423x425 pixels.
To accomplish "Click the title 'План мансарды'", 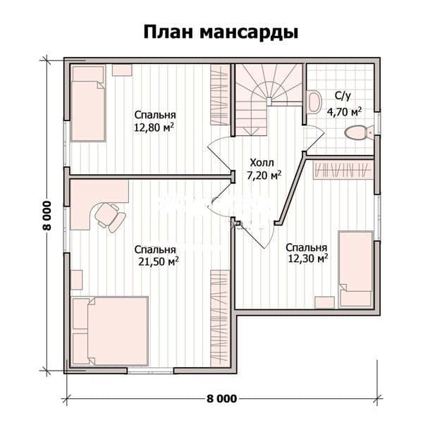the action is click(221, 32).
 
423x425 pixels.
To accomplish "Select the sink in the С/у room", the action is click(314, 101).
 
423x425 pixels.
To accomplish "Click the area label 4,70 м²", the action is click(344, 111).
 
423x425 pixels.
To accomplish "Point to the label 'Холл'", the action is click(262, 163).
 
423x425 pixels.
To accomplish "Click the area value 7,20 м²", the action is click(264, 175).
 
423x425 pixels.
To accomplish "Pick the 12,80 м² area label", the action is click(154, 128).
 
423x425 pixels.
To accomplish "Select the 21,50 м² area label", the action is click(159, 261).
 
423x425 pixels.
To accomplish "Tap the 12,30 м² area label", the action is click(308, 258).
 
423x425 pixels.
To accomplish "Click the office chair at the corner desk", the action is click(110, 218).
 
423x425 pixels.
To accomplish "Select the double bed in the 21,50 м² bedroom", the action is click(110, 331).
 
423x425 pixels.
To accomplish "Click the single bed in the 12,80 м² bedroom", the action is click(88, 104).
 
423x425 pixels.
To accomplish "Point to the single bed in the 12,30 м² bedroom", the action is click(355, 269).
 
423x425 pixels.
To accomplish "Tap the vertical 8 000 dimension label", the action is click(47, 216).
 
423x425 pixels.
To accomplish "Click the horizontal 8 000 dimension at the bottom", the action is click(221, 399).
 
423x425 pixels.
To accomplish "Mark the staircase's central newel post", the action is click(269, 101).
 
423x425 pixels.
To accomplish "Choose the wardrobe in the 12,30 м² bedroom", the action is click(343, 170).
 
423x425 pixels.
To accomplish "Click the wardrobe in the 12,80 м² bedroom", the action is click(220, 94).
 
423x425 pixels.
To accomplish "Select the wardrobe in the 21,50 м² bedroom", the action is click(220, 318).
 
